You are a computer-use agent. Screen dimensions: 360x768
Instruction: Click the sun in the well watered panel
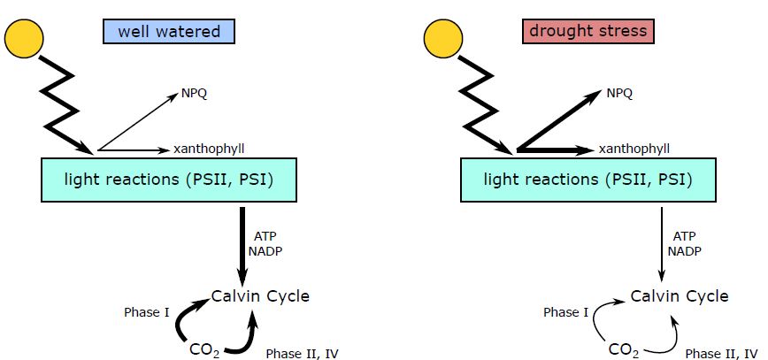point(25,37)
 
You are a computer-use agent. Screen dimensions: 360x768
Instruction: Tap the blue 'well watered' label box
point(169,32)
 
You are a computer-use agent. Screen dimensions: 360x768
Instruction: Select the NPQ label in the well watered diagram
point(194,94)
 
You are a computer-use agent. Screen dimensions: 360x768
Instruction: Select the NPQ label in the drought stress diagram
point(619,93)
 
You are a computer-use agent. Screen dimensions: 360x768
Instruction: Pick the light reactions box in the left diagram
point(167,180)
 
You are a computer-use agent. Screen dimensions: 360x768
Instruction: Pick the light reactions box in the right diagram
point(587,180)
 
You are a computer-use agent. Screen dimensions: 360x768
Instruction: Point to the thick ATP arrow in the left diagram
point(242,243)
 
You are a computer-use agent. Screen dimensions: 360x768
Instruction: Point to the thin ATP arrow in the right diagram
point(662,243)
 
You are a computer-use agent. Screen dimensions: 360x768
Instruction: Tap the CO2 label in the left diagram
point(204,349)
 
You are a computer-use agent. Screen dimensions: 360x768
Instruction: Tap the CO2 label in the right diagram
point(623,349)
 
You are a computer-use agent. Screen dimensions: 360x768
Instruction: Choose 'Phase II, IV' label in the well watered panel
point(302,353)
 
